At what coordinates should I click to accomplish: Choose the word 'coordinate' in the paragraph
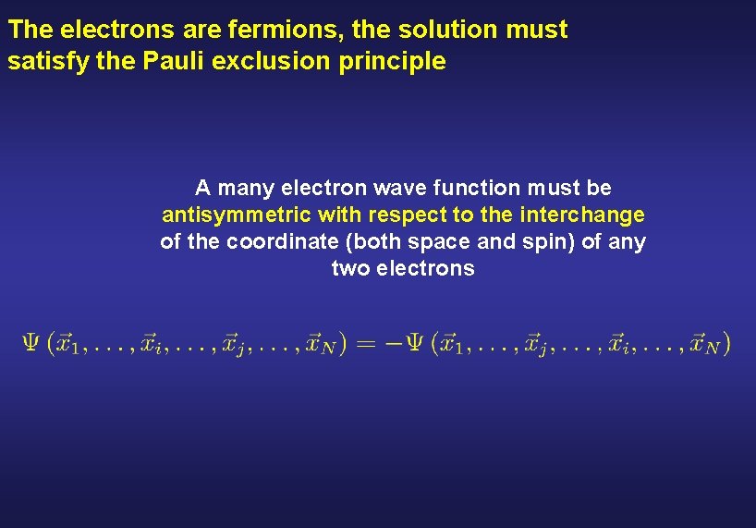pyautogui.click(x=275, y=242)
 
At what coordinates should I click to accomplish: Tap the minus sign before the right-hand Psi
pyautogui.click(x=391, y=344)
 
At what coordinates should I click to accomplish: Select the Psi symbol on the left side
pyautogui.click(x=31, y=343)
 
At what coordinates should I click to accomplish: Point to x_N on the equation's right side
pyautogui.click(x=708, y=344)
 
